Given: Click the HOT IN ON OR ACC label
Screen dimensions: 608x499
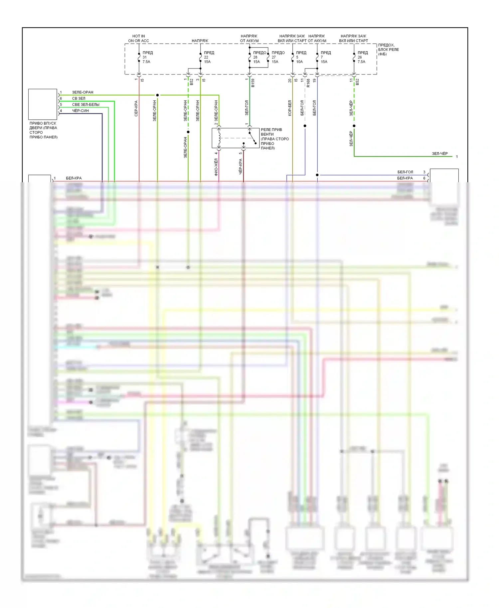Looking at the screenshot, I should [x=138, y=38].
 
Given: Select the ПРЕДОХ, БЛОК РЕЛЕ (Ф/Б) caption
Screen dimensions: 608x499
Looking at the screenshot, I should [x=388, y=50].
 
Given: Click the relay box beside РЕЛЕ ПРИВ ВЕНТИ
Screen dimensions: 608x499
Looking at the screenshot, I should [x=235, y=138].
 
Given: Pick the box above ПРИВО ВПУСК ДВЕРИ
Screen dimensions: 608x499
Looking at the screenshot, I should [x=43, y=104].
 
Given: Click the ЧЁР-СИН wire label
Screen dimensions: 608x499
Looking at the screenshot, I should [x=81, y=111].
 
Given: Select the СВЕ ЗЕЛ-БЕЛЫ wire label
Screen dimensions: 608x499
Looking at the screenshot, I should [x=85, y=104].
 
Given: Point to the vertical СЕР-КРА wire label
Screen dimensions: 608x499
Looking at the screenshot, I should [x=136, y=108].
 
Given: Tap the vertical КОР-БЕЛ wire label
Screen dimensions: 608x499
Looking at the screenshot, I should [x=290, y=108].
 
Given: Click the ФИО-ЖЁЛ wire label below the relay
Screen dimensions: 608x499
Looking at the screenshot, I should [x=216, y=167].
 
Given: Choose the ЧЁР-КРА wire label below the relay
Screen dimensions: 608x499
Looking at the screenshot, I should [x=241, y=166].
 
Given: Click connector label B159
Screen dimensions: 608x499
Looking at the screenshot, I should [x=253, y=83].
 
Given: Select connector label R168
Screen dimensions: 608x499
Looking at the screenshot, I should [x=308, y=83].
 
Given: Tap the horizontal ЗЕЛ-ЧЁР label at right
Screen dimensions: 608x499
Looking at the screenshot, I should [x=439, y=154].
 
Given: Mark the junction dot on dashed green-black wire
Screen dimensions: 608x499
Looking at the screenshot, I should [x=354, y=126].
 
